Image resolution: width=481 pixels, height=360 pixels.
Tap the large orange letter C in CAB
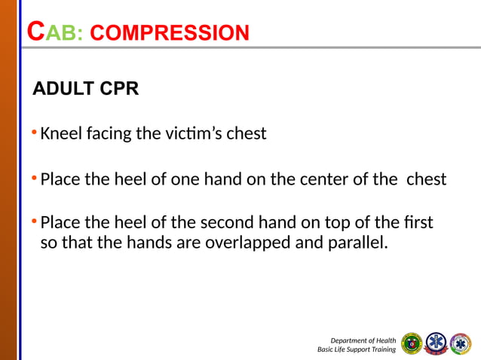pos(35,32)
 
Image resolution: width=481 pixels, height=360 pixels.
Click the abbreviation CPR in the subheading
pos(118,90)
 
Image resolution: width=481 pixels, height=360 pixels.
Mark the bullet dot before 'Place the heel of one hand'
pos(34,179)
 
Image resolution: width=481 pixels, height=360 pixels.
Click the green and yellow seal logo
pos(412,343)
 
